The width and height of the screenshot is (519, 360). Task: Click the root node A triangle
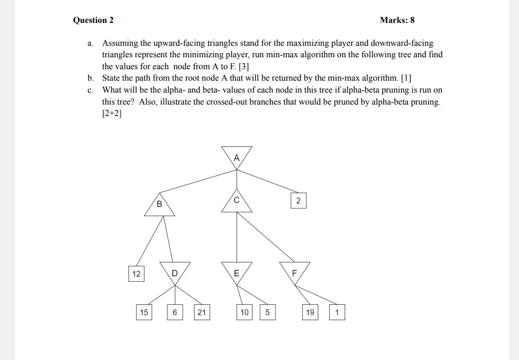coord(237,156)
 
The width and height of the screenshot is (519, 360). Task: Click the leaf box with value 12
coord(136,274)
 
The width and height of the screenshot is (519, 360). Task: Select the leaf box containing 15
coord(144,313)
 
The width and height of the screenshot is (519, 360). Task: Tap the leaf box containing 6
coord(174,313)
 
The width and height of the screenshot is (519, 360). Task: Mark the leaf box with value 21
coord(201,313)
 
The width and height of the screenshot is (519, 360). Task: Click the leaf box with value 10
coord(244,313)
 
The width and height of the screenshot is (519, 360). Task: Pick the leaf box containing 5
coord(267,313)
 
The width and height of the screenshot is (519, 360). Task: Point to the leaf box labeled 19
coord(310,313)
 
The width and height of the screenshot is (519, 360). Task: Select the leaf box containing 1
coord(337,313)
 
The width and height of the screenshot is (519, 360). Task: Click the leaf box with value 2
coord(298,201)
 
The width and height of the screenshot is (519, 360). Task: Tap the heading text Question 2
coord(93,20)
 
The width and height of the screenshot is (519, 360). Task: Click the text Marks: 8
coord(397,20)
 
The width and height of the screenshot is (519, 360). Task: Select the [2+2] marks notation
coord(112,113)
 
